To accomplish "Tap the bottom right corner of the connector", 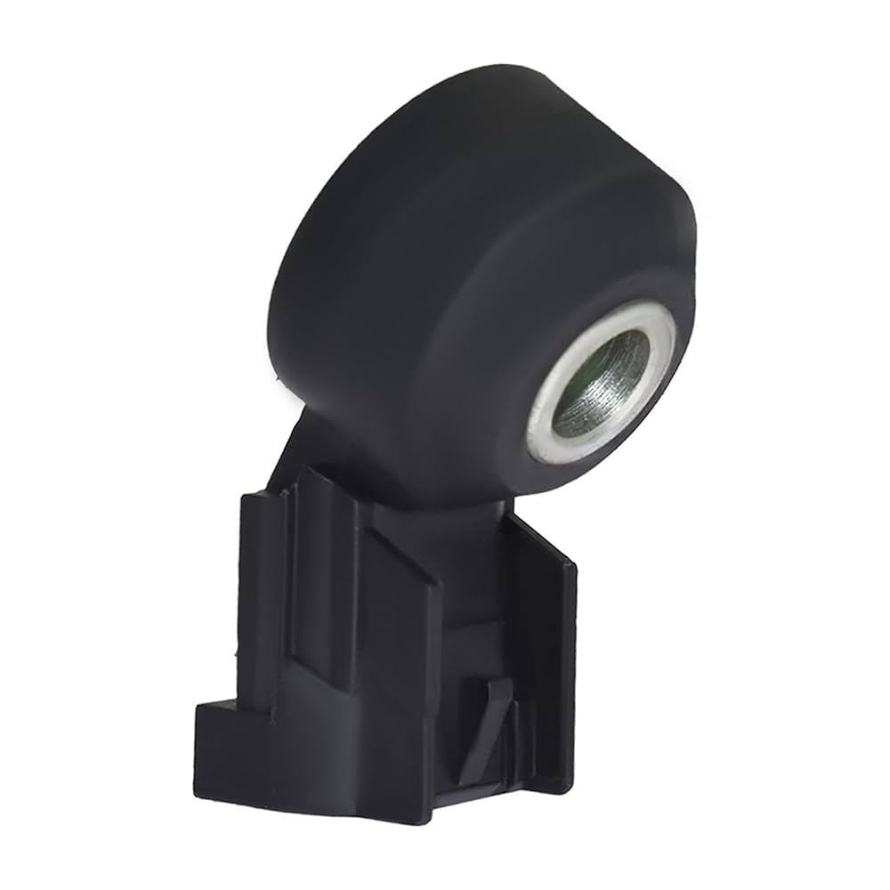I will click(570, 787).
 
